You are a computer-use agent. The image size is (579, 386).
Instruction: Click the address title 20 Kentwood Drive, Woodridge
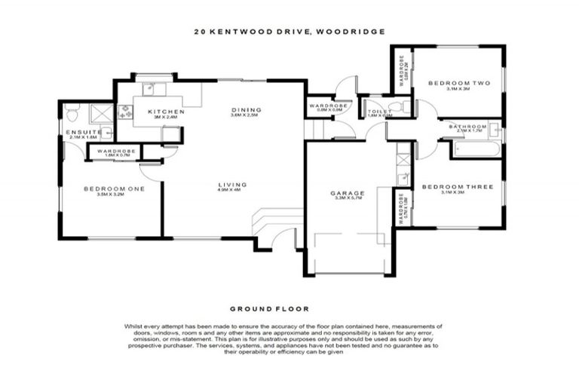[x=289, y=32]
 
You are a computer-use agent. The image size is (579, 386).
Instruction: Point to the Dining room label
[x=244, y=110]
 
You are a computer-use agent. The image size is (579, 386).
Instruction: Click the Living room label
[x=228, y=184]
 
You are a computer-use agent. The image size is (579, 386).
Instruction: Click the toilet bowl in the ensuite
[x=71, y=115]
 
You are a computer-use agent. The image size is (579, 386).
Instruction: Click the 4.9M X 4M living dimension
[x=228, y=190]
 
